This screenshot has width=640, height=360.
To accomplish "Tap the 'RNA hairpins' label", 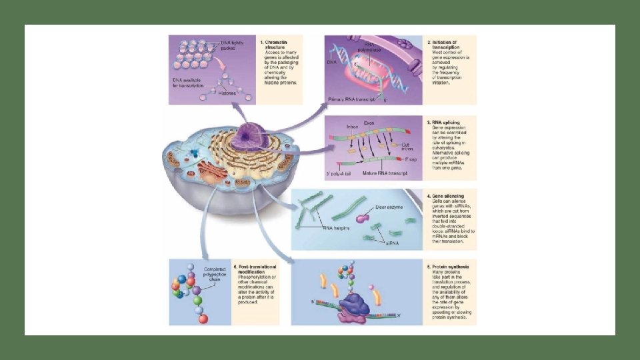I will point(337,229).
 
